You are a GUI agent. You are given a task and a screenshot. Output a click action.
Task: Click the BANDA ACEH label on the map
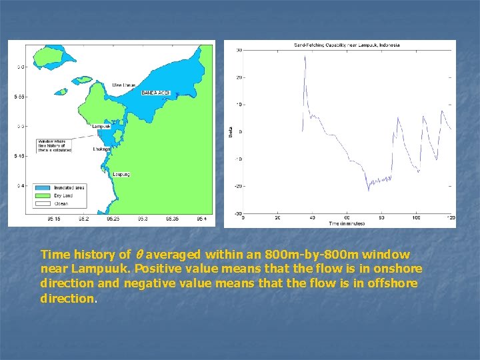[156, 93]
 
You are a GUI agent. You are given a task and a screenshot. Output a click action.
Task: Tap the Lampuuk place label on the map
[101, 126]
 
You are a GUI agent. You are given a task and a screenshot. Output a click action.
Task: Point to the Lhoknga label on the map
[101, 149]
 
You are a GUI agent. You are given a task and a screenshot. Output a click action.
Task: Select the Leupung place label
[121, 175]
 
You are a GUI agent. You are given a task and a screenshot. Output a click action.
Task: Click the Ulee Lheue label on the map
[125, 85]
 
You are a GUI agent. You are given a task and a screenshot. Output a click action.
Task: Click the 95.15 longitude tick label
[54, 218]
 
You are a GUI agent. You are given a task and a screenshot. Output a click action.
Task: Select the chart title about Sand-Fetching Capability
[347, 45]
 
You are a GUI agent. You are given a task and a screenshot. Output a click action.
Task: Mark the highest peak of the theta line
[305, 56]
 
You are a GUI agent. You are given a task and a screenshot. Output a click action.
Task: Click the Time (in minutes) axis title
[347, 223]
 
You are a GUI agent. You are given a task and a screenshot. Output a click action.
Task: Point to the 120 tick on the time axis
[451, 217]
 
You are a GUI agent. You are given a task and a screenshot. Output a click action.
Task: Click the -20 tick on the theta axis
[238, 186]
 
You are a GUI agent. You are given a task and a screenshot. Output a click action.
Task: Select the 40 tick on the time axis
[312, 217]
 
